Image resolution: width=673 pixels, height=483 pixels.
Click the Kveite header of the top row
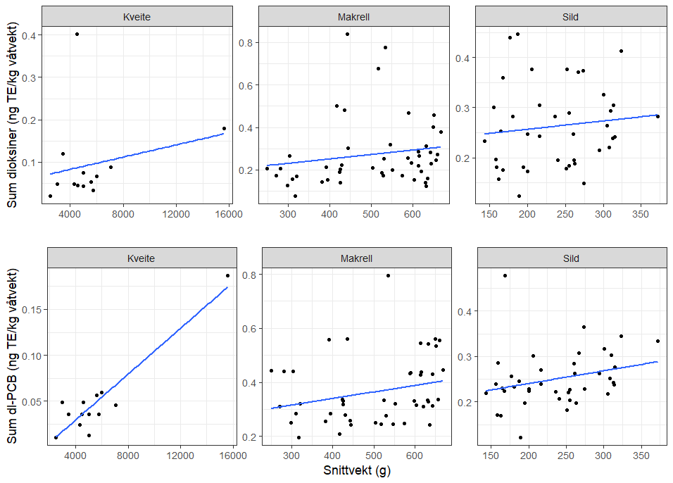137,16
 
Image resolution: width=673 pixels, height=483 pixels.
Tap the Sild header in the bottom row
571,258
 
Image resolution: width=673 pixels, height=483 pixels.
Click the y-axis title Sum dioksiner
13,113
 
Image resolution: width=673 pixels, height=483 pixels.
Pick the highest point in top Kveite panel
77,34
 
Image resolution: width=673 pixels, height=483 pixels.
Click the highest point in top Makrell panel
347,34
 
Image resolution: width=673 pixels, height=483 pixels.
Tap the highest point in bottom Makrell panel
388,275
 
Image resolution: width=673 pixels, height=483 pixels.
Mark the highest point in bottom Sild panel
505,275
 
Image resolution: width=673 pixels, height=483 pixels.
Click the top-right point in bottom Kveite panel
227,275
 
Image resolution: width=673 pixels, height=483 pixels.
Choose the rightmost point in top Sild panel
658,116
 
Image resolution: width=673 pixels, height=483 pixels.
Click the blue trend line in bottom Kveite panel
141,363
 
